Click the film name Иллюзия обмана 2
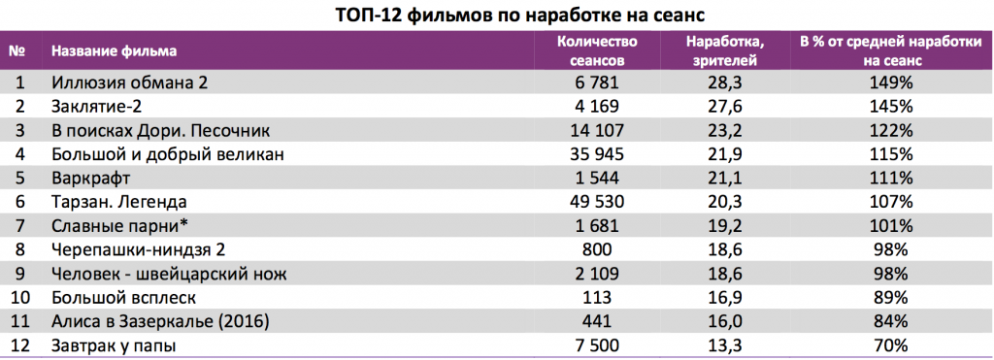coord(129,82)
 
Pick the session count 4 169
coord(596,107)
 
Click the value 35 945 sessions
coord(596,154)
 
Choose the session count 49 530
coord(596,202)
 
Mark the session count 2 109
coord(596,274)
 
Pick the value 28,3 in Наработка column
coord(725,82)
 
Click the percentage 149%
coord(891,82)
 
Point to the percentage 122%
coord(891,130)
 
